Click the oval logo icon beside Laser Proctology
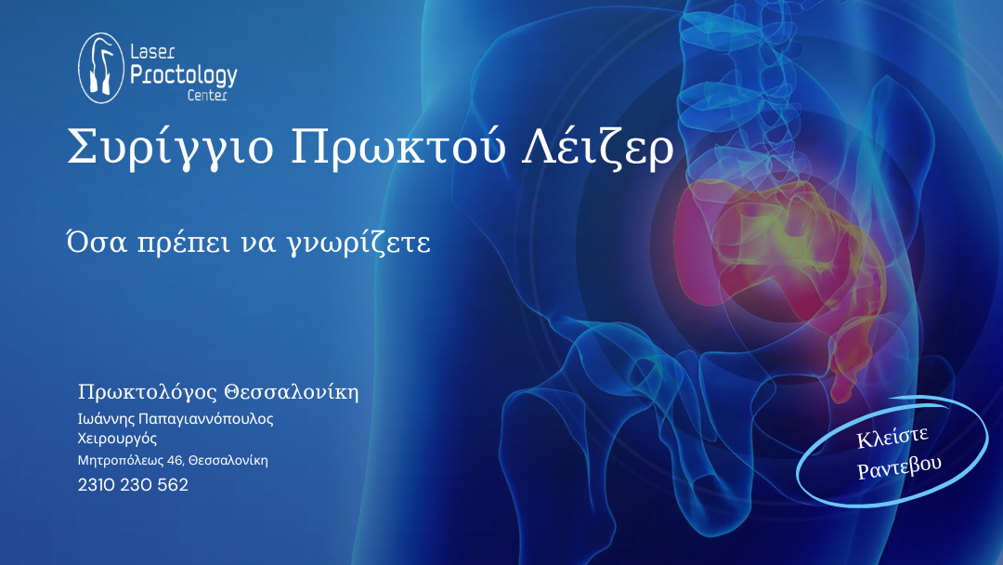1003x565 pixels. pos(101,68)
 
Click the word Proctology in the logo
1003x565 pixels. pos(184,75)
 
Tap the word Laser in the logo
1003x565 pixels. pos(152,52)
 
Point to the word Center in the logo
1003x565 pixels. pos(207,96)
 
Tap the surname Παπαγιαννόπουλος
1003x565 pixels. pos(206,419)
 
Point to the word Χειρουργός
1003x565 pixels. pos(117,439)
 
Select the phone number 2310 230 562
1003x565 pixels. pos(133,485)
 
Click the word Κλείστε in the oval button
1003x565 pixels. pos(892,438)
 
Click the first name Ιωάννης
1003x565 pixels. pos(106,419)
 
